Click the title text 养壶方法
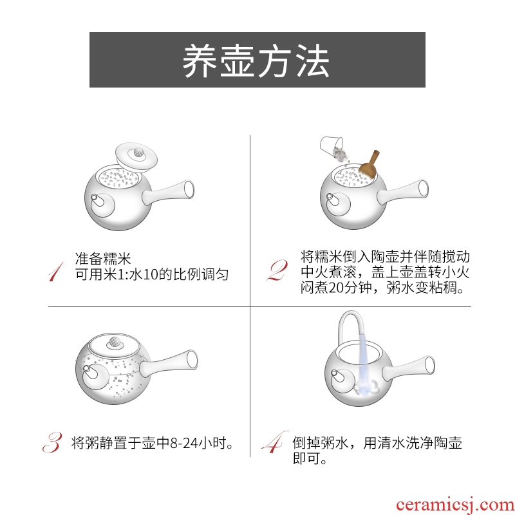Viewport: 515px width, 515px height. (x=256, y=61)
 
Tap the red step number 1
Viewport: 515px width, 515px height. (x=56, y=272)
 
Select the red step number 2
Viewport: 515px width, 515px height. (x=278, y=270)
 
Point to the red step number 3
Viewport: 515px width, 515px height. (x=53, y=442)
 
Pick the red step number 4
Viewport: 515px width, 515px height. (x=275, y=442)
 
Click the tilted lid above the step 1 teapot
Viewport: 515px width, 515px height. (x=136, y=157)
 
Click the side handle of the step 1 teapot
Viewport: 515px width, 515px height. (x=168, y=192)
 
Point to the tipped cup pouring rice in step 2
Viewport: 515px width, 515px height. (x=332, y=147)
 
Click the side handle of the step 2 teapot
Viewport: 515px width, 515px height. (x=403, y=191)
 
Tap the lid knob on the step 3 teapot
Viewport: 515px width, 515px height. (x=114, y=342)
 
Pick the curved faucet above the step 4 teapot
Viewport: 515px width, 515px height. (x=350, y=328)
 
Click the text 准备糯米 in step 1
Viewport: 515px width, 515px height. (x=103, y=259)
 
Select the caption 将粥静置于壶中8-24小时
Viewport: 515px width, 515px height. (x=152, y=443)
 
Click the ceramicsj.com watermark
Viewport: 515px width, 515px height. (x=455, y=505)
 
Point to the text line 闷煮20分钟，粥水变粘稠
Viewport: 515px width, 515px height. (x=382, y=288)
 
